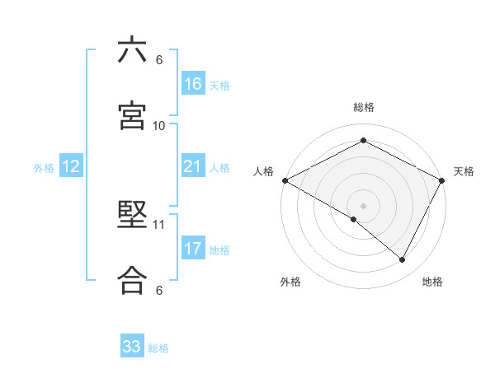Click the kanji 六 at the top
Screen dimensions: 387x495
click(132, 51)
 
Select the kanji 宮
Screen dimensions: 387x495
click(132, 116)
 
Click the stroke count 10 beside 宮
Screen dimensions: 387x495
click(159, 125)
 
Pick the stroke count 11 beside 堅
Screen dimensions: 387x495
click(159, 224)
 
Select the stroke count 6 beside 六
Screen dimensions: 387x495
click(159, 60)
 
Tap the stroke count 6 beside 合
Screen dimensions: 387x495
click(159, 290)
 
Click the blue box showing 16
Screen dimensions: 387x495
click(192, 83)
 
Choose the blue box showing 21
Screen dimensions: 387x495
click(192, 166)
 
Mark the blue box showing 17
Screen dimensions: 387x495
click(192, 248)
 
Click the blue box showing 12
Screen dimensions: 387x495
click(70, 166)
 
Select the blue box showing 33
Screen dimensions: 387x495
click(131, 347)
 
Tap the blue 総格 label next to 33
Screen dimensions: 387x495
click(158, 348)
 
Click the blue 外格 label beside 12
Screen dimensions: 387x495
click(44, 168)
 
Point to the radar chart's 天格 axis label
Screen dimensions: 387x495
click(464, 171)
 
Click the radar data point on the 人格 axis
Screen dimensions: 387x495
click(285, 180)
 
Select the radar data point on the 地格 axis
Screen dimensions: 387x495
click(403, 259)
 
